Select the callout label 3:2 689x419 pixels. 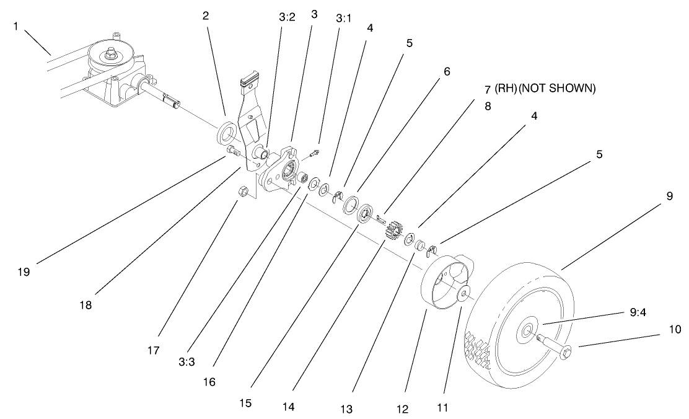pyautogui.click(x=287, y=17)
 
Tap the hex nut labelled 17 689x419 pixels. pyautogui.click(x=244, y=193)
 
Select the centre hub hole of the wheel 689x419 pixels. pyautogui.click(x=525, y=332)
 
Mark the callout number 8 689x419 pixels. pyautogui.click(x=487, y=106)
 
